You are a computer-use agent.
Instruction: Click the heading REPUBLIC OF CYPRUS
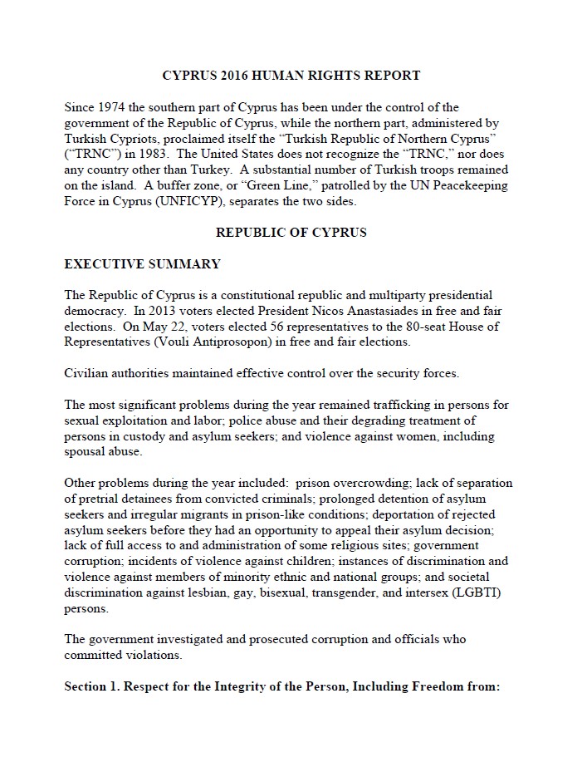tap(291, 233)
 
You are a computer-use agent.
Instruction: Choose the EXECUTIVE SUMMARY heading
tap(142, 264)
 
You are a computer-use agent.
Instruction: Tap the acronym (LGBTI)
tap(483, 592)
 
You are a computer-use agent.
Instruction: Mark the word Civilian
tap(89, 373)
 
